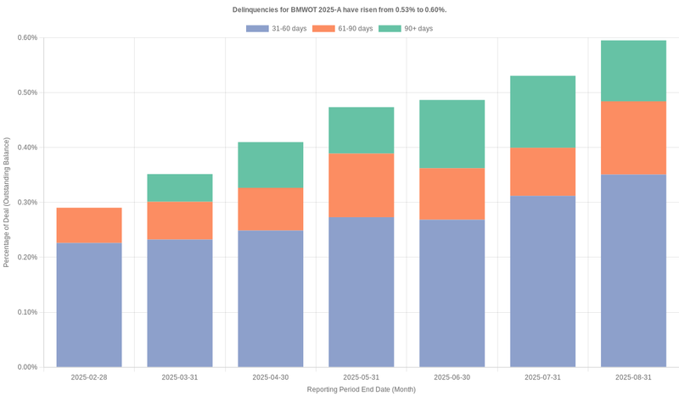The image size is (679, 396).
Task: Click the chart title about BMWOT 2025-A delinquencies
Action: (339, 9)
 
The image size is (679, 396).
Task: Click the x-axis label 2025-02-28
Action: (89, 376)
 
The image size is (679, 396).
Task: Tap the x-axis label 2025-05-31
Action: (362, 376)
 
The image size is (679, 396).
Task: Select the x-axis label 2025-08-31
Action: (633, 376)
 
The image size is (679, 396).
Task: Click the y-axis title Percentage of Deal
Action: (7, 202)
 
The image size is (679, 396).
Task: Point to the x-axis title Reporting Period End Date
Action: (362, 389)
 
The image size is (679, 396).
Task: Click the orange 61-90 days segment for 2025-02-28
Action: (89, 226)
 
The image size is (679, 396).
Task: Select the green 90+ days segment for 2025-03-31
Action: (180, 187)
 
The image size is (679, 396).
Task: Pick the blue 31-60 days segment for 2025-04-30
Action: (271, 298)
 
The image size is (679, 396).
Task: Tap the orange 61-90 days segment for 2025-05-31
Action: (362, 185)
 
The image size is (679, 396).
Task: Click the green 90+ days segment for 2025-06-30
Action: (452, 134)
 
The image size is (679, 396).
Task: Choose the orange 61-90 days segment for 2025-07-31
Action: (542, 171)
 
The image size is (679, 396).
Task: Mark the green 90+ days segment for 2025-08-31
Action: (633, 70)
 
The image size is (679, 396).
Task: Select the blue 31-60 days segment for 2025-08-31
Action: (633, 271)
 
